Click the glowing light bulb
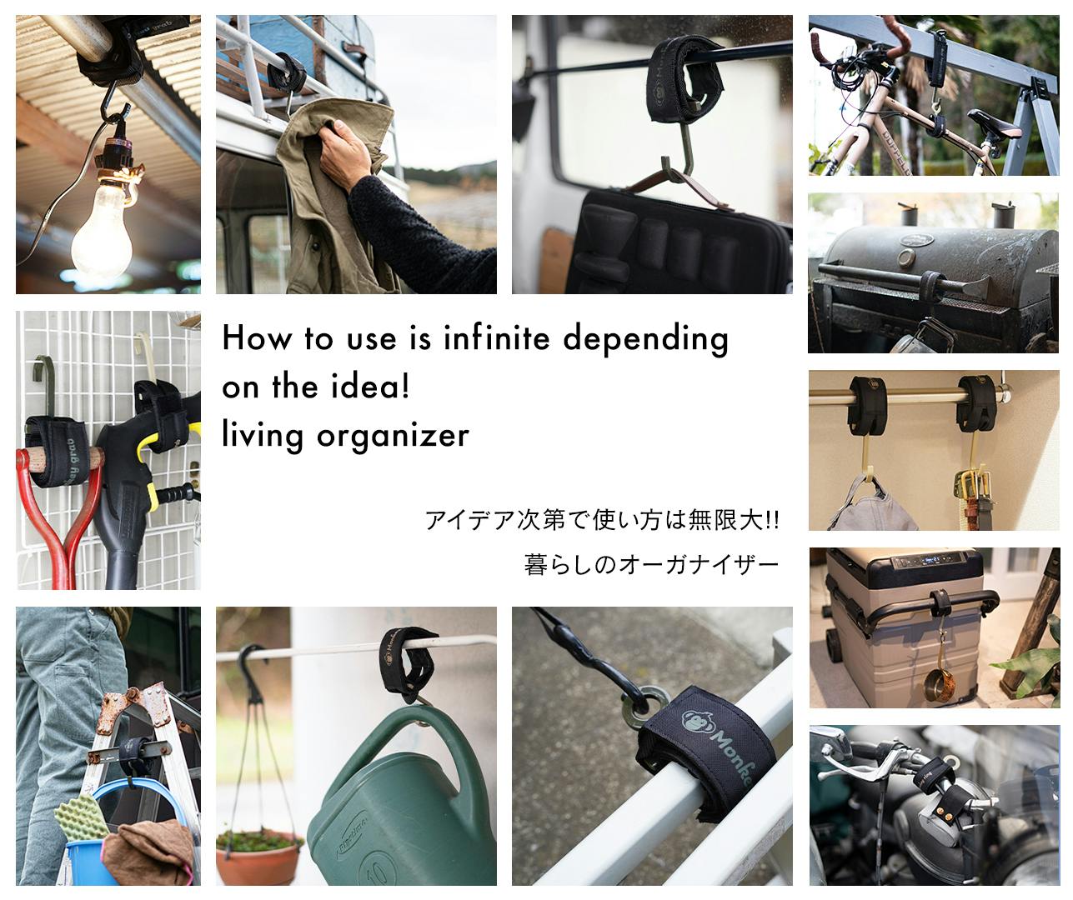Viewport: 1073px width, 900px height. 102,229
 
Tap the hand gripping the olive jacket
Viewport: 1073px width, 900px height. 344,155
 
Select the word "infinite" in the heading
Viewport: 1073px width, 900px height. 496,338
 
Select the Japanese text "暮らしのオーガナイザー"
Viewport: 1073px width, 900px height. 651,564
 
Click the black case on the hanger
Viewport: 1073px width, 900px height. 679,242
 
